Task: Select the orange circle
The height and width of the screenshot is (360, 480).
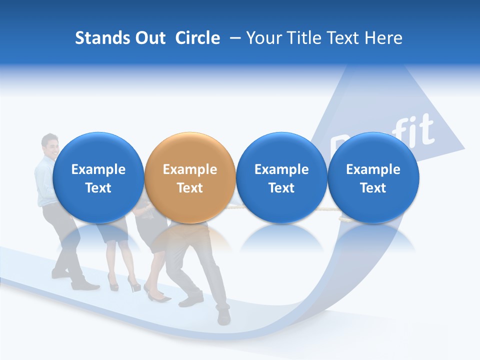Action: [190, 177]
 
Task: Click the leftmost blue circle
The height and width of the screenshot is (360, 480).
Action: [98, 177]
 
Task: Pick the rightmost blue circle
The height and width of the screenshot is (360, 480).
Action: [373, 177]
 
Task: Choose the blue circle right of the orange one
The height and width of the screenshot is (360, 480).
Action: [281, 177]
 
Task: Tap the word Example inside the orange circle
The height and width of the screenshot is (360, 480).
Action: [190, 169]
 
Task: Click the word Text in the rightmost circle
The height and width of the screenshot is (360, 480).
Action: [373, 188]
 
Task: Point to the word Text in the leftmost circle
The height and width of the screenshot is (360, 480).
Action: [98, 188]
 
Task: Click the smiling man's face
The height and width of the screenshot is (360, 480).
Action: [50, 145]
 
